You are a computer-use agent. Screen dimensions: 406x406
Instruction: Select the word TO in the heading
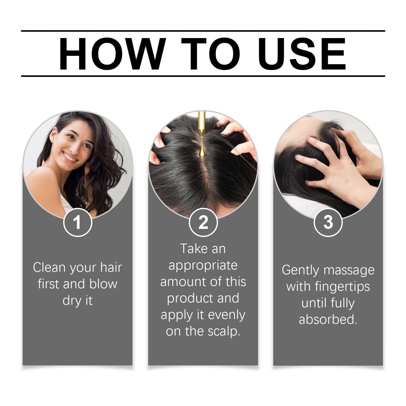pos(210,54)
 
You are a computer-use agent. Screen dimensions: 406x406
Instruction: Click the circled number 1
pos(77,222)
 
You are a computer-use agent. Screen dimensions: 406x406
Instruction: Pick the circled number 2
pos(203,222)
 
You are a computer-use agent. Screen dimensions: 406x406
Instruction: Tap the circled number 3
pos(328,222)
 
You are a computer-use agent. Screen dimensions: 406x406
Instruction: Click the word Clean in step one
pos(49,267)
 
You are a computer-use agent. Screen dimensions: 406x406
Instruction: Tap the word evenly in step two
pos(227,315)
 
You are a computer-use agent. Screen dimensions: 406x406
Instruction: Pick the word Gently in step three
pos(300,270)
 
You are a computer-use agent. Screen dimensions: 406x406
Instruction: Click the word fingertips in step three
pos(342,287)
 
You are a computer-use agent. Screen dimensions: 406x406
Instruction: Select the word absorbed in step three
pos(328,320)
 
